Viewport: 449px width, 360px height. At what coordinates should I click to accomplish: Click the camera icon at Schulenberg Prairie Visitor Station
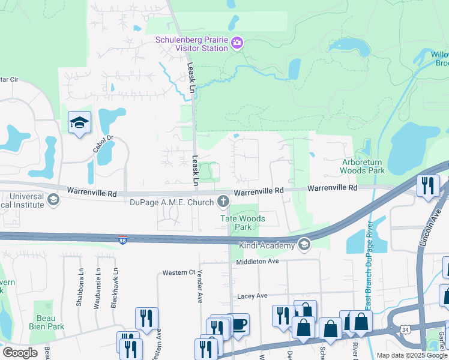click(237, 42)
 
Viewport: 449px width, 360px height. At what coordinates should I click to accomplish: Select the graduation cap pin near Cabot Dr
click(79, 122)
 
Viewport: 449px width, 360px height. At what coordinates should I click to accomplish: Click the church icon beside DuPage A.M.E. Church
click(223, 201)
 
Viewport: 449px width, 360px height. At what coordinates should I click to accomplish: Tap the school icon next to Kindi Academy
click(304, 245)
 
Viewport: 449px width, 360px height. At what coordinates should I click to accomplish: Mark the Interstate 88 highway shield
click(122, 240)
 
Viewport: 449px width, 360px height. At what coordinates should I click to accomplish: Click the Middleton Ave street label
click(258, 261)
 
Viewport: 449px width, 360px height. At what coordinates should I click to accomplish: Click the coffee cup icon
click(240, 325)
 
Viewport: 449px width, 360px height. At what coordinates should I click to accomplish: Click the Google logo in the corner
click(19, 353)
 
